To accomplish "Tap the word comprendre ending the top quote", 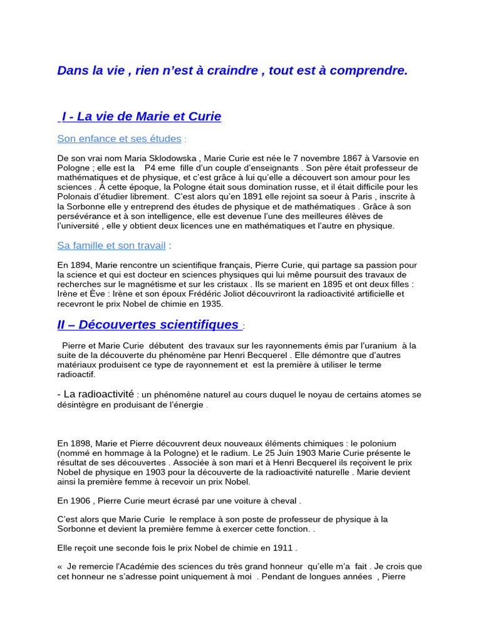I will tap(368, 71).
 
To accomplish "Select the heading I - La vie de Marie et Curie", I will tap(141, 117).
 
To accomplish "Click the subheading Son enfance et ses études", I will tap(119, 139).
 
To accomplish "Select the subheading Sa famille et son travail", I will tap(111, 245).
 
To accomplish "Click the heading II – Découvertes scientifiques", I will tap(148, 325).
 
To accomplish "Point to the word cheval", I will tap(281, 501).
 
